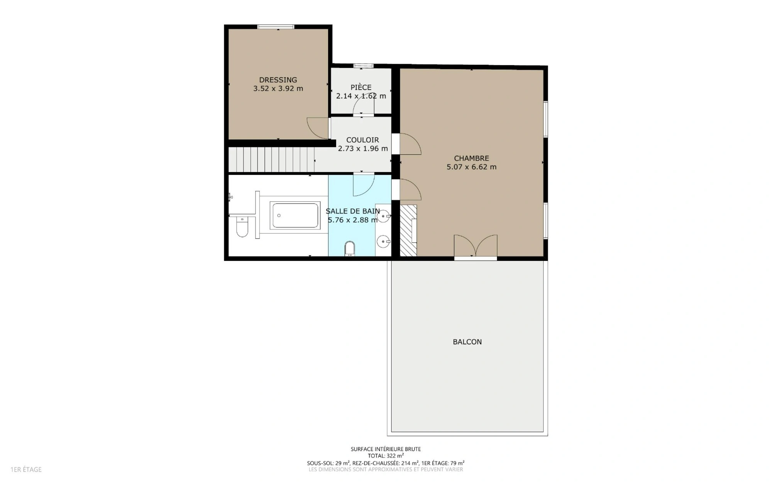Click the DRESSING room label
click(x=278, y=80)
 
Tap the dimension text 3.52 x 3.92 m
click(x=278, y=88)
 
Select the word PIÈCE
click(x=361, y=87)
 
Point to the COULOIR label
click(x=362, y=140)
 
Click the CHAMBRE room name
click(x=471, y=158)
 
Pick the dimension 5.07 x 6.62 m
click(x=471, y=167)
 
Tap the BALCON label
click(x=467, y=342)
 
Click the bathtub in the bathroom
click(x=295, y=215)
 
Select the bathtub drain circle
click(x=279, y=215)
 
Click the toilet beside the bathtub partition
click(x=242, y=227)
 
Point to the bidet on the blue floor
click(x=350, y=249)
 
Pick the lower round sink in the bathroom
click(x=383, y=242)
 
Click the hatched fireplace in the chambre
click(x=408, y=230)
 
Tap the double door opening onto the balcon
click(x=476, y=246)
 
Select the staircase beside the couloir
click(x=271, y=159)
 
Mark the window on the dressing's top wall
click(x=276, y=27)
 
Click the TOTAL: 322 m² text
click(x=386, y=456)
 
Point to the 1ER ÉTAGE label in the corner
click(x=26, y=470)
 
